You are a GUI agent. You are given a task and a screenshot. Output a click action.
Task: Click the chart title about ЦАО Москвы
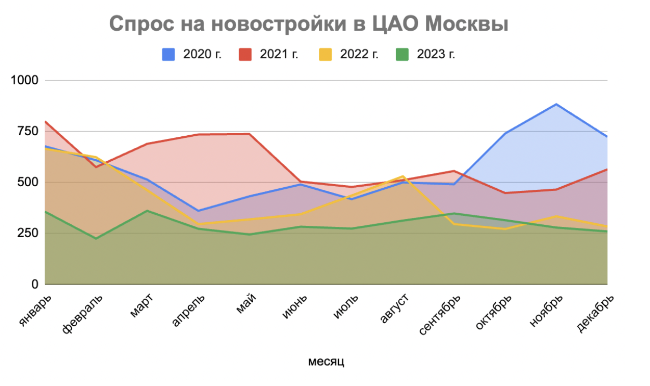click(x=309, y=24)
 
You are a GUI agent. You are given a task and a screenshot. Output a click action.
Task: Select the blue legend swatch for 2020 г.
click(x=168, y=55)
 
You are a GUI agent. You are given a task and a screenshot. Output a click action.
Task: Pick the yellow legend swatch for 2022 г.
click(x=326, y=55)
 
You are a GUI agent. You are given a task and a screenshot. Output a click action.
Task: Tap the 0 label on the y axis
click(x=35, y=285)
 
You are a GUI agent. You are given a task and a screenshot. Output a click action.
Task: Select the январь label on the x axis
click(x=36, y=310)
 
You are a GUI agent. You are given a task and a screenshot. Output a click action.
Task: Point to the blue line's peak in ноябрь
click(x=556, y=104)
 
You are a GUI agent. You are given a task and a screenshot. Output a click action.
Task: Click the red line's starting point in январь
click(x=46, y=122)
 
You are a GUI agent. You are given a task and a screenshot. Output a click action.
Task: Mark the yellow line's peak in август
click(x=403, y=176)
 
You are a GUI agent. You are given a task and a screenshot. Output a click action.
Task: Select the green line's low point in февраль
click(x=96, y=238)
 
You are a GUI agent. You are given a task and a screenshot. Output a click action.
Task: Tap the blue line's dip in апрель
click(x=198, y=211)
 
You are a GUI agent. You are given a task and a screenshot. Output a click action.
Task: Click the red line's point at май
click(x=250, y=134)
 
